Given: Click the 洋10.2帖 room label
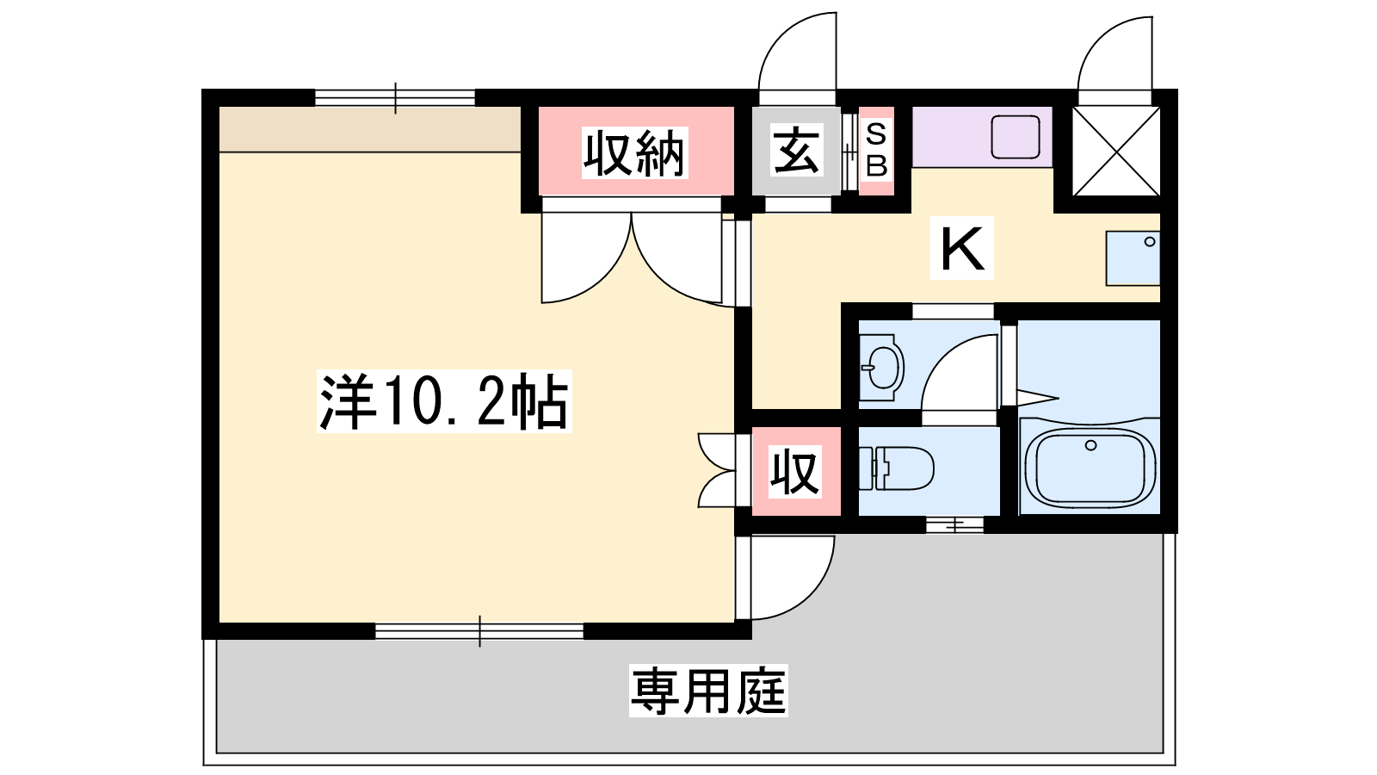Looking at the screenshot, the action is coord(444,401).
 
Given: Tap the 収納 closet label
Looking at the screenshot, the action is coord(634,153).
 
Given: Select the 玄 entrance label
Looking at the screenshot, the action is coord(797,150).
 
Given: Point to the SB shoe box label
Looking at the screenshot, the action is coord(876,150).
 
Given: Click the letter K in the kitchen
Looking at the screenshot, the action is coord(962,248).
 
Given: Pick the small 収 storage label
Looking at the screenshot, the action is coord(795,472).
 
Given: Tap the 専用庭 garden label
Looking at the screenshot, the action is coord(708,691).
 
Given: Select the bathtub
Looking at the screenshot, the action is coord(1090,466).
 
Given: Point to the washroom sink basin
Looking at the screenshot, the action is coord(882,368).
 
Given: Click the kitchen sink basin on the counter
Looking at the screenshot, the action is coord(1015,137).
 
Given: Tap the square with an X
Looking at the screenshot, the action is coord(1115,151).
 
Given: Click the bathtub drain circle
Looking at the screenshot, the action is coord(1090,445).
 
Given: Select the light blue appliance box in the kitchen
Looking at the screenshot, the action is coord(1133,258).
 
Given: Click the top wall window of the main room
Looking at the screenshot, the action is coord(395,98).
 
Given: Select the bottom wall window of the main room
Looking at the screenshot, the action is coord(479,631).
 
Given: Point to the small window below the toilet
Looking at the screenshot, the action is coord(954,525).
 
